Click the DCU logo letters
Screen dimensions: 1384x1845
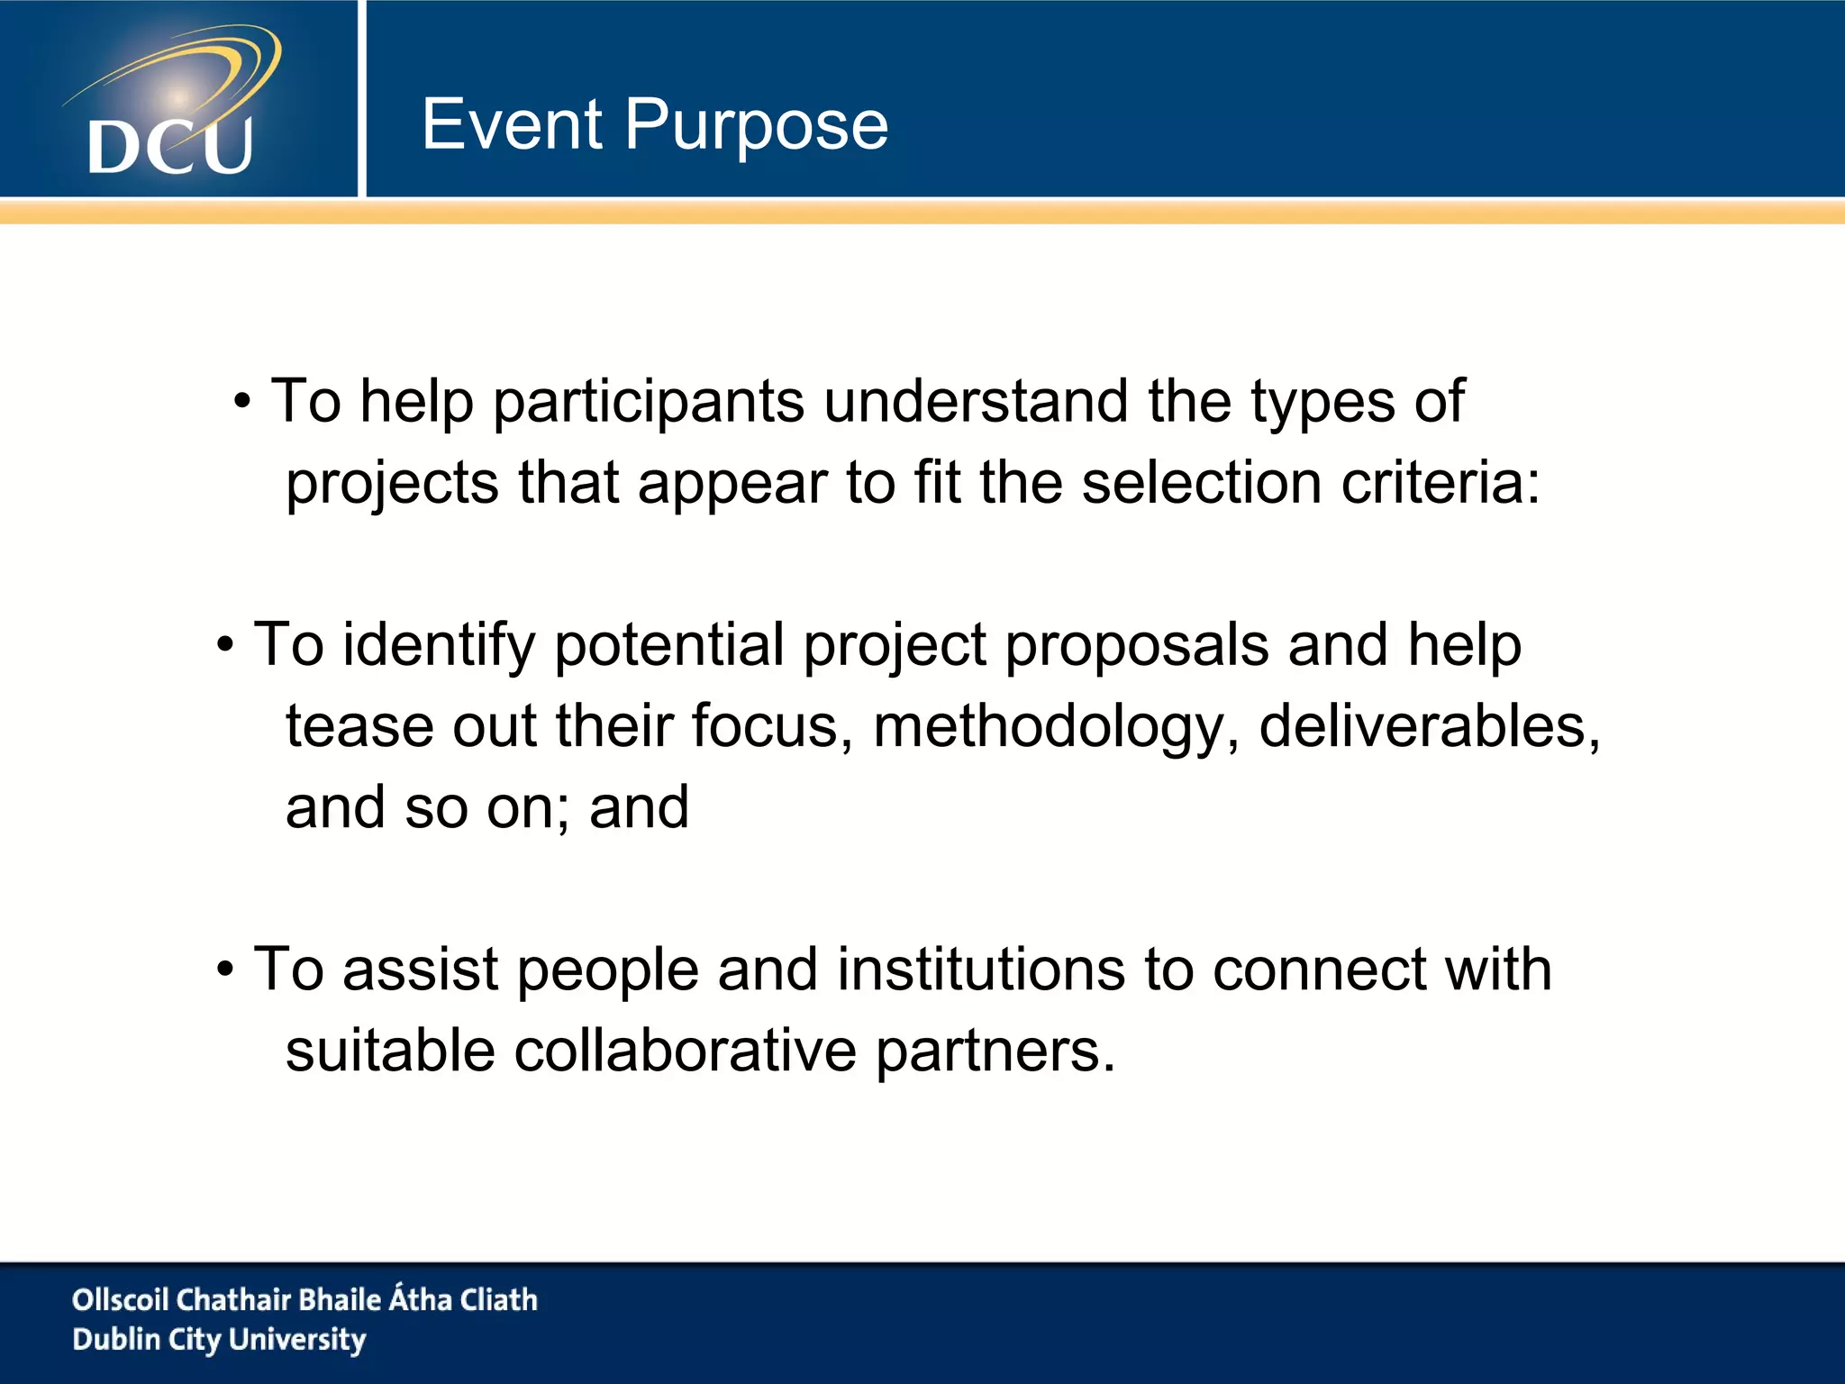[170, 146]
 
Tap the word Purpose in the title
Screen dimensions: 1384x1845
[756, 126]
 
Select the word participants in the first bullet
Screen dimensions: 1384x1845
[648, 402]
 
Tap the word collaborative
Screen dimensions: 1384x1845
[685, 1051]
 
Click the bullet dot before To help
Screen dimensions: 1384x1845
[242, 402]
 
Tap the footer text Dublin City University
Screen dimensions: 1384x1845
[219, 1340]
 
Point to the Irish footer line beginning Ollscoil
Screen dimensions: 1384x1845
[304, 1299]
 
